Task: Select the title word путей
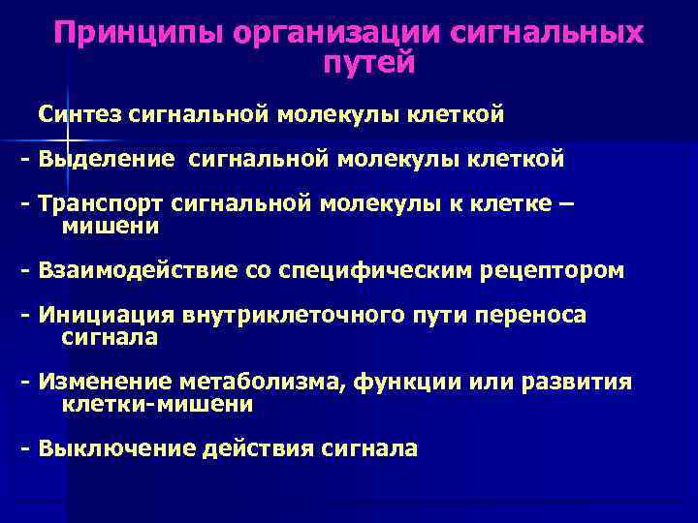[x=367, y=64]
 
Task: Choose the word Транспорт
[x=102, y=204]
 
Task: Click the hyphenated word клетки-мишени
[x=157, y=405]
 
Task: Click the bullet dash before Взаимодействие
[x=25, y=270]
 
